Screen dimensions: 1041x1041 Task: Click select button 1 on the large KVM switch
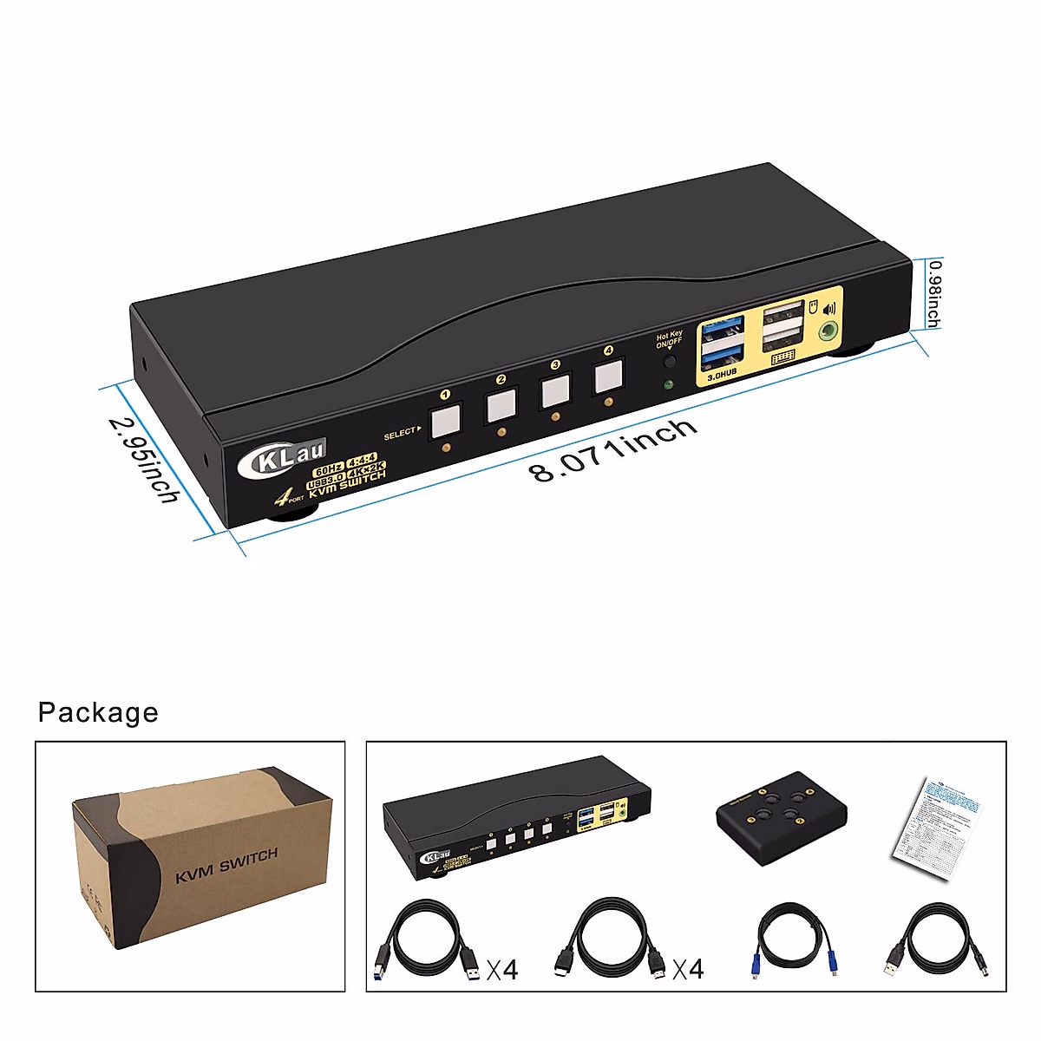445,421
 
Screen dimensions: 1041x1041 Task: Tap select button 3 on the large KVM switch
556,391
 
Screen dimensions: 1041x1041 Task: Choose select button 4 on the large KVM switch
609,376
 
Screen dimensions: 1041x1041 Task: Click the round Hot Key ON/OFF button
669,362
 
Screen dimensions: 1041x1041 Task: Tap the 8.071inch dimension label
614,449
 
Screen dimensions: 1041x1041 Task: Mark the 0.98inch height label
933,294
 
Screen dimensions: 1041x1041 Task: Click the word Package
98,712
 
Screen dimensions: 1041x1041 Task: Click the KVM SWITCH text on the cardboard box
226,865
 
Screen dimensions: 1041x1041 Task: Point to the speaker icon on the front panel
830,307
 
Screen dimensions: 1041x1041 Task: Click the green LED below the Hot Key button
669,385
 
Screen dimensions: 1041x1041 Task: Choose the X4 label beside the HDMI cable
687,968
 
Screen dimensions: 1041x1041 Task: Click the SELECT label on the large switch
400,433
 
